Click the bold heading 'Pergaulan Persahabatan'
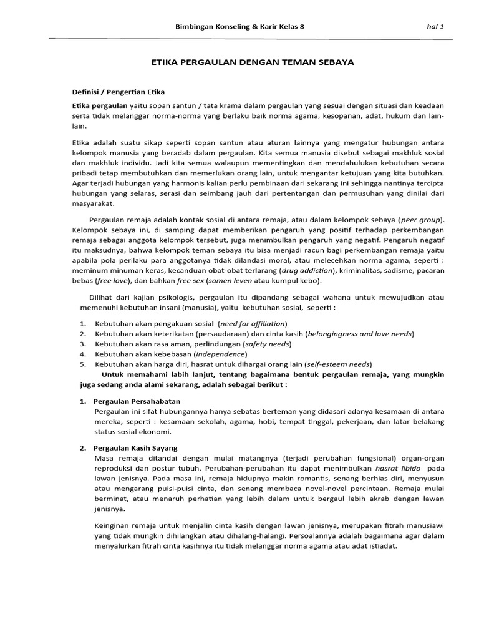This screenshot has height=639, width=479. tap(137, 401)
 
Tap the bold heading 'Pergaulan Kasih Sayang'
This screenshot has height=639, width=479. tap(135, 449)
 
